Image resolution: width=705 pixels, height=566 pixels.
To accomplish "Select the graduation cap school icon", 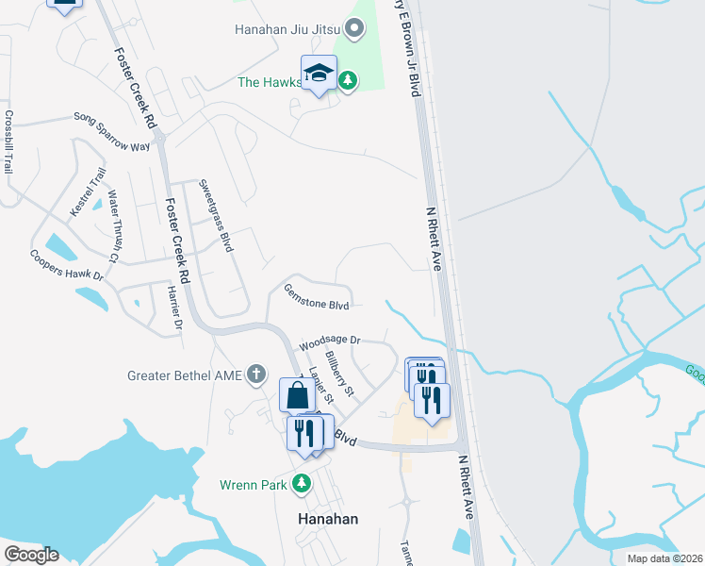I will coord(319,73).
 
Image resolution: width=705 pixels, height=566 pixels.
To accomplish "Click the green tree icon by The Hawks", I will coord(349,82).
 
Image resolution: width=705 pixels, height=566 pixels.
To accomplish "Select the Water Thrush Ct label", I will coord(113,225).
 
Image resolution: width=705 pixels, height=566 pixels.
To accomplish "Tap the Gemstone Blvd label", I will coord(317,298).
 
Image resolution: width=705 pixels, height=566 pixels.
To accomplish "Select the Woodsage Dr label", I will coord(330,342).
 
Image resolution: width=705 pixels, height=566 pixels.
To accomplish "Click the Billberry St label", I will coord(339,375).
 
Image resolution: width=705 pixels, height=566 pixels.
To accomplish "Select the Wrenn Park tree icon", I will coord(302,485).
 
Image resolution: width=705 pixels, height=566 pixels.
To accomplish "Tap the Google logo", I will coord(30,555).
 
